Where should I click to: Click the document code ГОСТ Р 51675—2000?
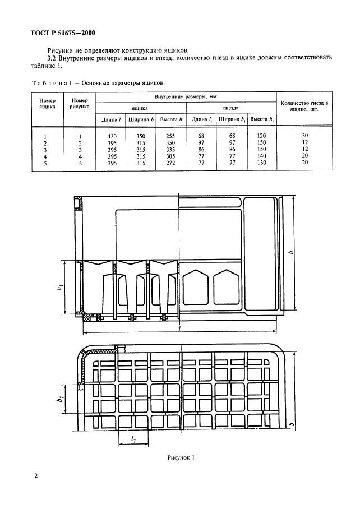pos(63,33)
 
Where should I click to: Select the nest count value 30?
pos(304,136)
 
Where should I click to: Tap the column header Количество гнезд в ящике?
pos(304,107)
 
